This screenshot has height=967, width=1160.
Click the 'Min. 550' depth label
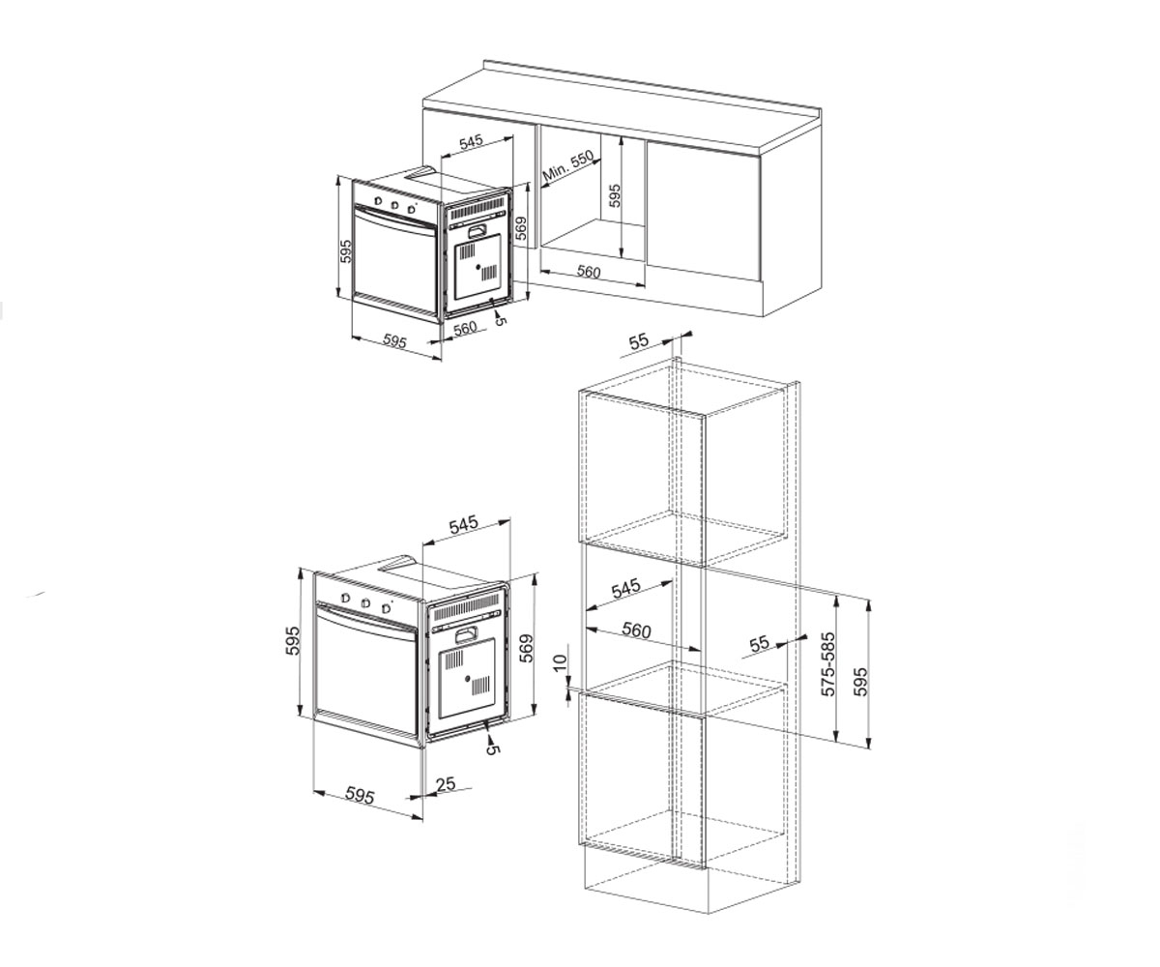pyautogui.click(x=568, y=167)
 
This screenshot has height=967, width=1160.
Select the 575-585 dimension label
pyautogui.click(x=828, y=663)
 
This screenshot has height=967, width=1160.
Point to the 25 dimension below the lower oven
pyautogui.click(x=446, y=783)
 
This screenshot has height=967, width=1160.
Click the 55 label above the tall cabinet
pyautogui.click(x=638, y=341)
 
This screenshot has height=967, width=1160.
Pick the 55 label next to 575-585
pyautogui.click(x=760, y=644)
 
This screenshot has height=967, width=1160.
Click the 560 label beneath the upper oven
pyautogui.click(x=465, y=329)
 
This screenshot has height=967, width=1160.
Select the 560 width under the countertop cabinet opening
pyautogui.click(x=589, y=272)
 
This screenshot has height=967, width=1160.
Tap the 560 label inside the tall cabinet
pyautogui.click(x=635, y=630)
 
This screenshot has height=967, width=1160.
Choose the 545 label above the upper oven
pyautogui.click(x=471, y=143)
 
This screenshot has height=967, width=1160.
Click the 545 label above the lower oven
pyautogui.click(x=463, y=524)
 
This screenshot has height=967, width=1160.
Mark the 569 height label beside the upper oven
pyautogui.click(x=521, y=228)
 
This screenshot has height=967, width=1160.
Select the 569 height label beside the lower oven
pyautogui.click(x=527, y=648)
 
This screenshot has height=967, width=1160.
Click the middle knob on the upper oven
pyautogui.click(x=393, y=205)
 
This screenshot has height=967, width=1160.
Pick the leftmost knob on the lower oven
pyautogui.click(x=345, y=599)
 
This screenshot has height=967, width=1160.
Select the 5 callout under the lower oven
pyautogui.click(x=493, y=749)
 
